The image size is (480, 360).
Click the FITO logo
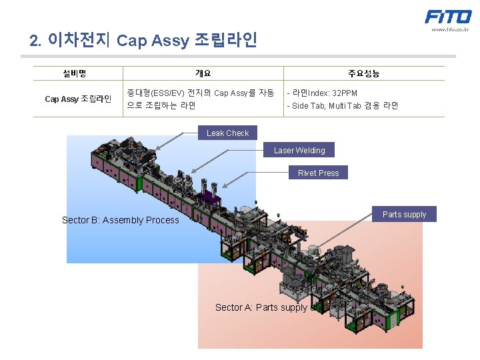(x=448, y=17)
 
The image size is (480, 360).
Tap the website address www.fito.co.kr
(x=450, y=29)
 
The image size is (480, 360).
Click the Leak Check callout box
(x=227, y=133)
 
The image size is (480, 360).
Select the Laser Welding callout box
(x=299, y=151)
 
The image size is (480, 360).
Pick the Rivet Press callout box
(x=318, y=173)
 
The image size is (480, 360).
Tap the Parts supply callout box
(x=404, y=215)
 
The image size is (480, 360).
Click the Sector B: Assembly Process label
(x=120, y=220)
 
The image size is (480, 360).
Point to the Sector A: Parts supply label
(x=261, y=307)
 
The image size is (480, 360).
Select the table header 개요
(x=203, y=73)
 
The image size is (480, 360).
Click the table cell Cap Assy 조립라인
(x=78, y=99)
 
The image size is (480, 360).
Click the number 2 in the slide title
(x=35, y=41)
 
